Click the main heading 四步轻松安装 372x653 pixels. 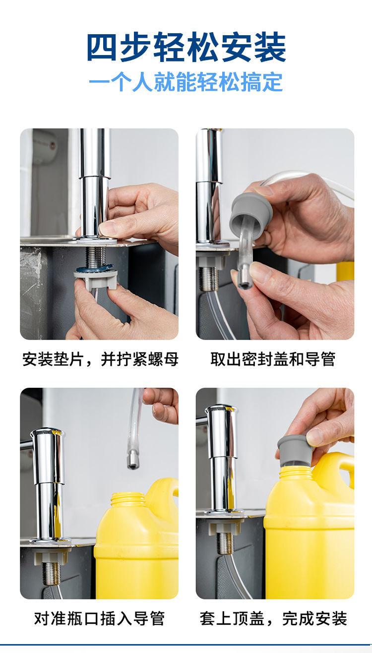[x=186, y=48]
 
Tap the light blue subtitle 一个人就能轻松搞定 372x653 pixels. [x=186, y=82]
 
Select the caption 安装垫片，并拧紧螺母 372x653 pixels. [x=100, y=359]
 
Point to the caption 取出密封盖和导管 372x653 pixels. [x=273, y=359]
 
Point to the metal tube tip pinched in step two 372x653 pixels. [x=245, y=280]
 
